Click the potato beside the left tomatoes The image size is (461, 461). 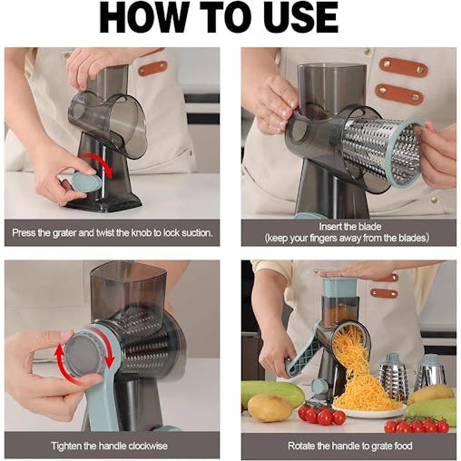click(270, 407)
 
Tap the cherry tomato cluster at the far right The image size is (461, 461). click(417, 424)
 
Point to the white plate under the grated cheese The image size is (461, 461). click(363, 414)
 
